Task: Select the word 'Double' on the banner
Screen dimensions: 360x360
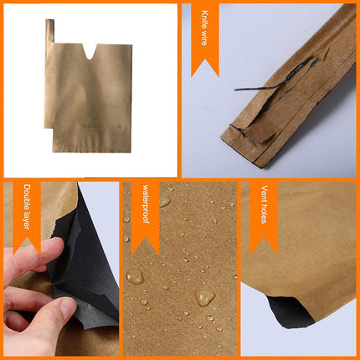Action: pos(27,198)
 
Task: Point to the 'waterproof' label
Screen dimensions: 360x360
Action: pos(144,208)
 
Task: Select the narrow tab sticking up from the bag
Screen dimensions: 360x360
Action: pos(50,32)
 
